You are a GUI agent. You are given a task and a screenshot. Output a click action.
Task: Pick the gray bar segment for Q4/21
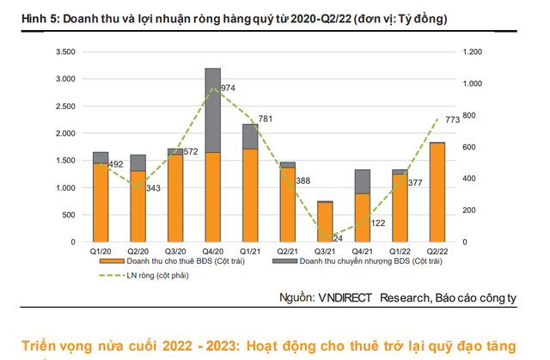point(362,181)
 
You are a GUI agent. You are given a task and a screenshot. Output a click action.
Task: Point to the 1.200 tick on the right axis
point(473,52)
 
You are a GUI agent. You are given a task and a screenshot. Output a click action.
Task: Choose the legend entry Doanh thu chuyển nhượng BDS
point(361,262)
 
